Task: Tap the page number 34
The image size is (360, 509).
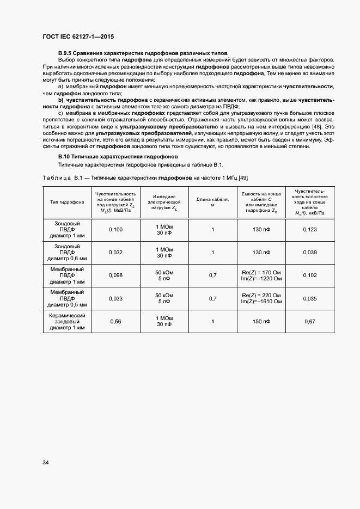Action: [x=46, y=462]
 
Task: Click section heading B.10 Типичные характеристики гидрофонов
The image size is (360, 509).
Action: [x=114, y=156]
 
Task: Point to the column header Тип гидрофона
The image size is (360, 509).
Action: [x=66, y=202]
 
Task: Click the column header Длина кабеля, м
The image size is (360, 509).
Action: [x=212, y=202]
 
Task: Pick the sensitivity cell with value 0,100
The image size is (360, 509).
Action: [x=115, y=230]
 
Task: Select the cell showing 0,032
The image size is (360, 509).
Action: [x=115, y=253]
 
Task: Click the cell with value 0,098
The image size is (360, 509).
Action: [x=115, y=275]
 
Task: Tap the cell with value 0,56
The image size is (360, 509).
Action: [x=115, y=321]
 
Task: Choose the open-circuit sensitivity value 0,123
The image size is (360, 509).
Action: [x=309, y=230]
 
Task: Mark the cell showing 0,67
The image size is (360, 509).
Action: [x=309, y=321]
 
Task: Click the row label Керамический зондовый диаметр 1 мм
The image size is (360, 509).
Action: [x=66, y=321]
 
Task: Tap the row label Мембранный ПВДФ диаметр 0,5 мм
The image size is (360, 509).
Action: [x=66, y=298]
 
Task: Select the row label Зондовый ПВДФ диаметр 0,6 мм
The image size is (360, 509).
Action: [x=66, y=253]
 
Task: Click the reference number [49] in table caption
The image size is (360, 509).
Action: [x=243, y=178]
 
